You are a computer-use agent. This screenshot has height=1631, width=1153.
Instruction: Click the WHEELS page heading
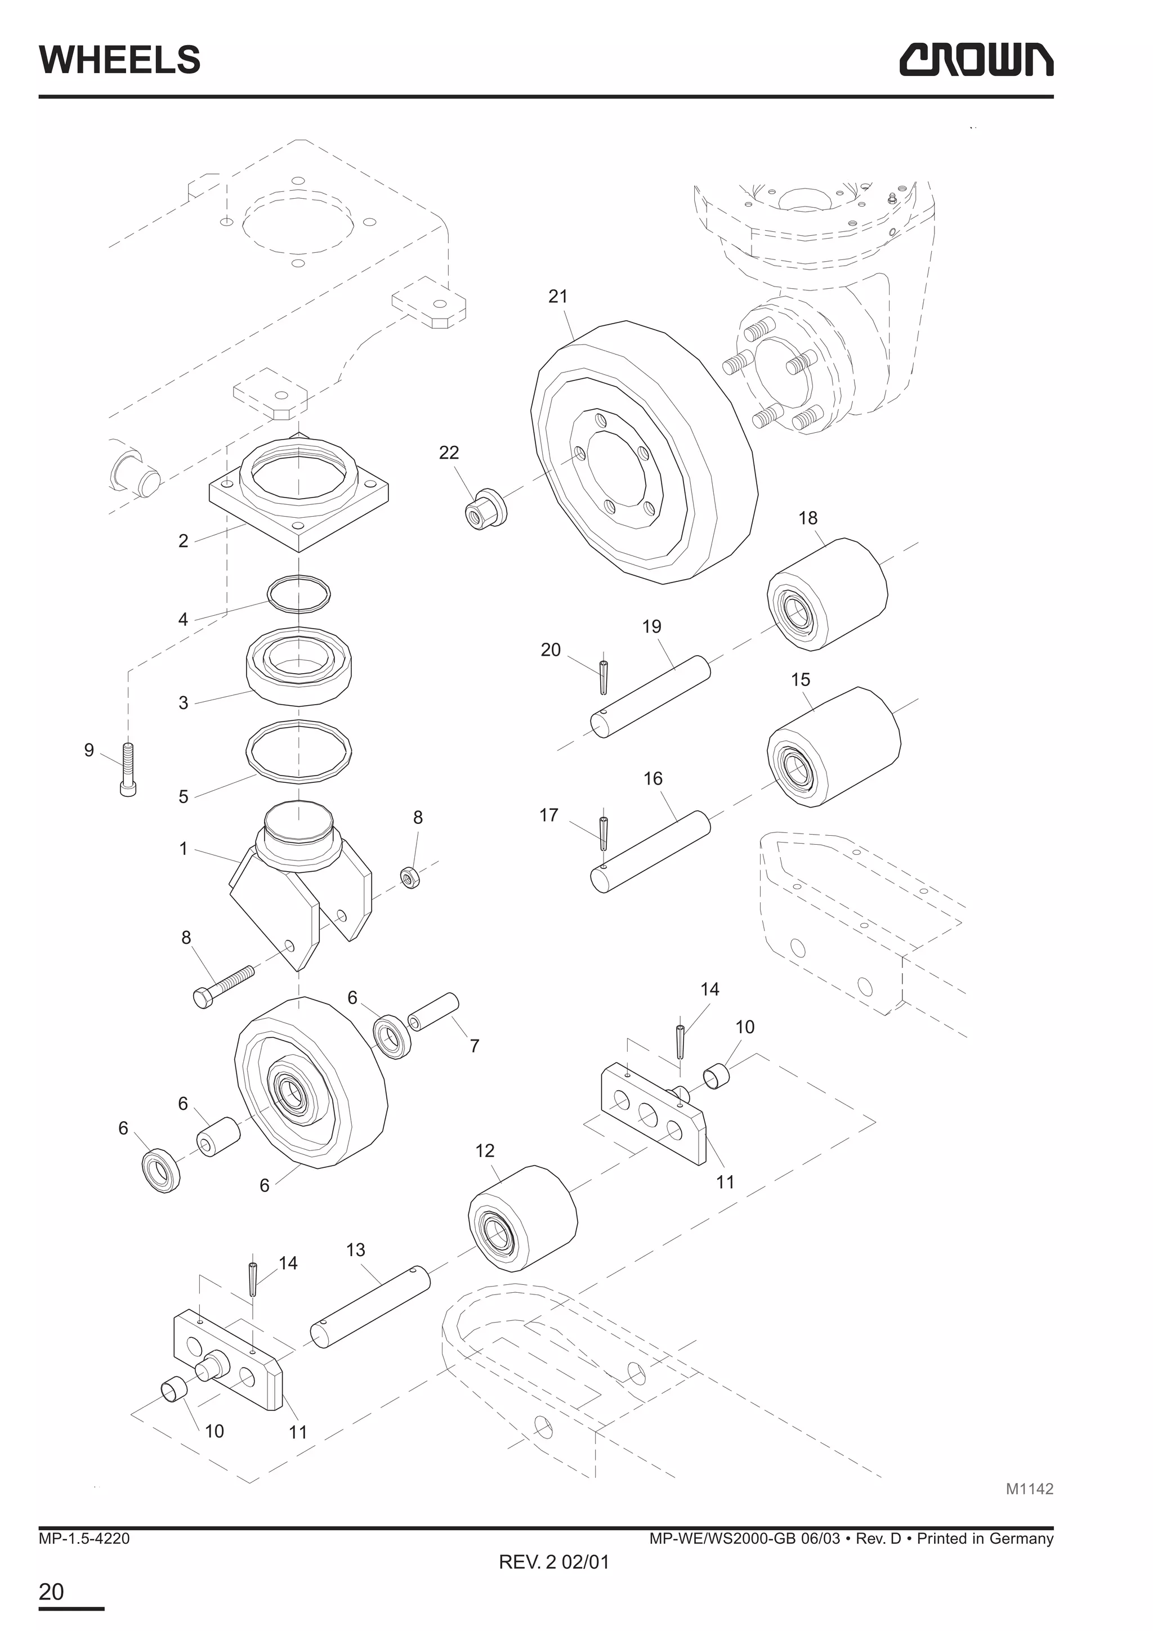click(x=119, y=60)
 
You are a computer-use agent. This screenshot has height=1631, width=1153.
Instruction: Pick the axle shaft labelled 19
click(x=650, y=697)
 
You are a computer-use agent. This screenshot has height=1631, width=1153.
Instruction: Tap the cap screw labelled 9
click(x=128, y=769)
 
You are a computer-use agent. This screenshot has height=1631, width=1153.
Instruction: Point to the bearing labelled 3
click(x=299, y=666)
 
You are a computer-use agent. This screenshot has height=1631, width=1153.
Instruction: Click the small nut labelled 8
click(x=410, y=878)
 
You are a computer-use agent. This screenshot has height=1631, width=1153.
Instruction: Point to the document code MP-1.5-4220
click(x=84, y=1539)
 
